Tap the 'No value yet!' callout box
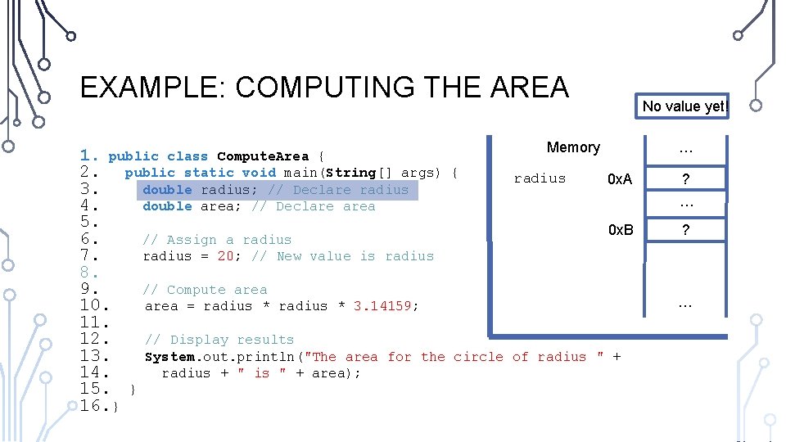[684, 106]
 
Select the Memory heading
[573, 147]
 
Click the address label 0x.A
[620, 179]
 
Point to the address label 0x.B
[620, 230]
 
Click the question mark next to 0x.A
[686, 180]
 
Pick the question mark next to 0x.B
[686, 231]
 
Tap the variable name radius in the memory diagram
[540, 178]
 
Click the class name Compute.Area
[263, 156]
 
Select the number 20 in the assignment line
[226, 256]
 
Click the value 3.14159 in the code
[386, 306]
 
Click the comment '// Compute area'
[205, 290]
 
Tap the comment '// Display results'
[219, 340]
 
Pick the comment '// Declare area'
[313, 206]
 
